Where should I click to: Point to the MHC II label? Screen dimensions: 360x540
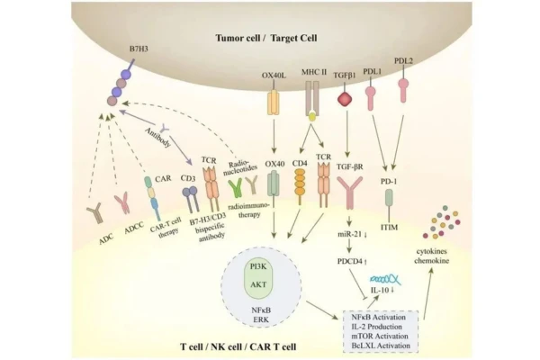point(311,74)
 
